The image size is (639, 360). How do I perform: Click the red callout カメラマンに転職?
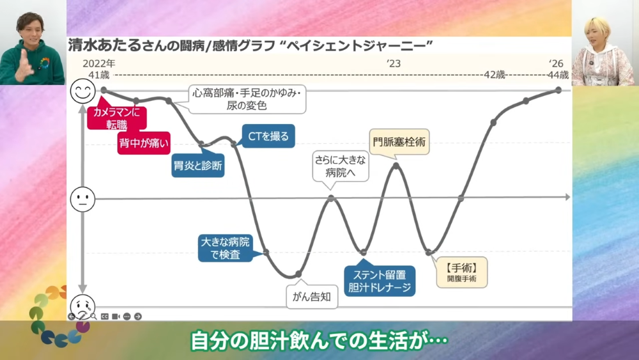pos(116,118)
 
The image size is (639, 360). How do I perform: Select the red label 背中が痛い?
pos(144,143)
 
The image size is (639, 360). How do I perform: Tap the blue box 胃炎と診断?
pos(198,165)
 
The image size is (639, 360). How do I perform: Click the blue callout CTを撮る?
pos(268,136)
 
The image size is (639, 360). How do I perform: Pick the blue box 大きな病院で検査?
pos(226,248)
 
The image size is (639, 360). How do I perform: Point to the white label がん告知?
pos(312,297)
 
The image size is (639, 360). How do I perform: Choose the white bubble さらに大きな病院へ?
pos(341,166)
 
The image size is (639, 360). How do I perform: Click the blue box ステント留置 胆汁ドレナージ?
pos(380,281)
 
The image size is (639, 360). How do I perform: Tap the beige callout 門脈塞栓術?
pos(399,142)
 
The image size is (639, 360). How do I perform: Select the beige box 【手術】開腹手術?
pos(462,272)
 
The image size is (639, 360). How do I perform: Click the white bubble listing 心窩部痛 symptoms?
pos(246,99)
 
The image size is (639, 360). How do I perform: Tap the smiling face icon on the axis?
pos(82,91)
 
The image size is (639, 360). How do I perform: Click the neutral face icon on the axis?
pos(82,200)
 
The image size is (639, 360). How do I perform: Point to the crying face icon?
pos(82,306)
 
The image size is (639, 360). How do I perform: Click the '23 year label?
pos(394,63)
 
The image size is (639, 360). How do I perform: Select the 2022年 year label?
pos(99,63)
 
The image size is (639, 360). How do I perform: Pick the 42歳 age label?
pos(495,75)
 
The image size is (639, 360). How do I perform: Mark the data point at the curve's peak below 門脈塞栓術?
pos(396,166)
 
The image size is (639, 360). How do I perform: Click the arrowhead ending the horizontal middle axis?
pos(567,198)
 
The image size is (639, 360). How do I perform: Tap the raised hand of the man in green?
pos(24,65)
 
